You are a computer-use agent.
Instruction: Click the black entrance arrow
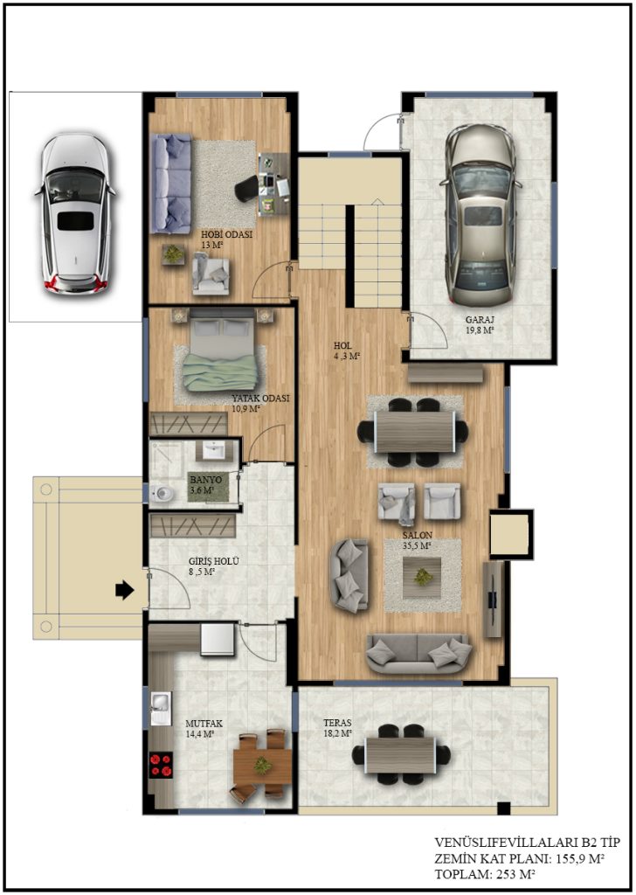coord(124,590)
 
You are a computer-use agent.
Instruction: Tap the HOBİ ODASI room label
coord(226,234)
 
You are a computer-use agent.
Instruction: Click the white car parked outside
coord(75,213)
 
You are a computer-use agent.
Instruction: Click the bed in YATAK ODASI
coord(222,355)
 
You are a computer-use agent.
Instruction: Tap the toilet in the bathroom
coord(162,493)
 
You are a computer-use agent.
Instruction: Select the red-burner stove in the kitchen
coord(160,765)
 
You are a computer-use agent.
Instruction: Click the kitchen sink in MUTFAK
coord(160,709)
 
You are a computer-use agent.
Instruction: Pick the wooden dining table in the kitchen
coord(262,766)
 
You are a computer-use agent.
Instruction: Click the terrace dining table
coord(401,754)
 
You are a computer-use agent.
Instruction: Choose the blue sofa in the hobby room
coord(170,184)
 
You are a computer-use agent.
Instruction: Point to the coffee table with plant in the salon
coord(422,578)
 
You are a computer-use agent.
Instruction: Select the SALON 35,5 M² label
coord(417,540)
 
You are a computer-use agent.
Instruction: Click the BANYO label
coord(206,480)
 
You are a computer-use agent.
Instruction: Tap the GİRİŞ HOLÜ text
coord(214,561)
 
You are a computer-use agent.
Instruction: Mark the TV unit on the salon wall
coord(492,600)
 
